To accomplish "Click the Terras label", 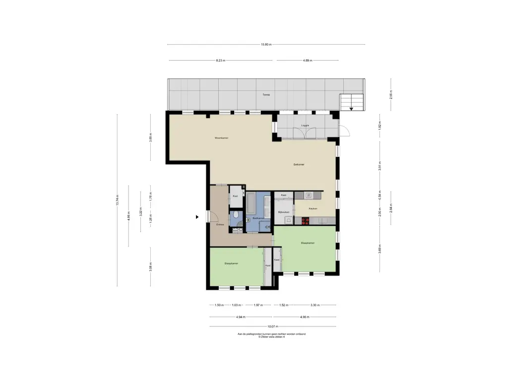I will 266,94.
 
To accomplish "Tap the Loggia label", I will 305,126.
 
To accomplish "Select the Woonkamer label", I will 221,137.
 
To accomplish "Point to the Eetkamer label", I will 299,164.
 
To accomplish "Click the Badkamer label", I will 258,218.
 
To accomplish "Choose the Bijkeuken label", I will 283,212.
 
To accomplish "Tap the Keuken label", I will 313,208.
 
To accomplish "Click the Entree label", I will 220,225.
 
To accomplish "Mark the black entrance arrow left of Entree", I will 197,217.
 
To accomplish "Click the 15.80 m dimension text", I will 266,45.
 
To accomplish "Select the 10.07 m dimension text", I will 272,326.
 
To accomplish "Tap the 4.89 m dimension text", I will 308,61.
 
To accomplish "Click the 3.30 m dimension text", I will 315,305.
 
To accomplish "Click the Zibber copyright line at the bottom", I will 272,337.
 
